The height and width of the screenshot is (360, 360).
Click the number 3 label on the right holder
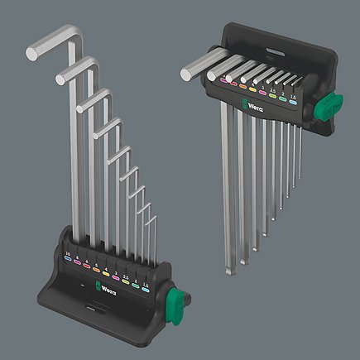(x=262, y=83)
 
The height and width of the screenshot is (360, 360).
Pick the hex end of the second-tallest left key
(x=60, y=79)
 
